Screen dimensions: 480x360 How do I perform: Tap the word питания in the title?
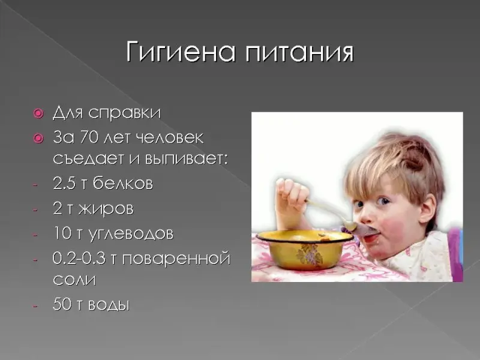[299, 53]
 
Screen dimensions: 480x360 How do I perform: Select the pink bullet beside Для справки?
[39, 114]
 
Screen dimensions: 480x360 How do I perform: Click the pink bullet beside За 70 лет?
[39, 139]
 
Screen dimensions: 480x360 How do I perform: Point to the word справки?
[124, 113]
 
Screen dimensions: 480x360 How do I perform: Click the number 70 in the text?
[89, 137]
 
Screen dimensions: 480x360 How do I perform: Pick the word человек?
[169, 137]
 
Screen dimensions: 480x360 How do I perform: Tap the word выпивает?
[186, 159]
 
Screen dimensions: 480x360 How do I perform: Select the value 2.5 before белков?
[64, 184]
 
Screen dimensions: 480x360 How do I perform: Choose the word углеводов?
[131, 234]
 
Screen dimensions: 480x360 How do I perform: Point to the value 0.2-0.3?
[79, 258]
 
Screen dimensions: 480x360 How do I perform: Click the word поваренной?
[176, 259]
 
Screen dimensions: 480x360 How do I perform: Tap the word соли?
[74, 280]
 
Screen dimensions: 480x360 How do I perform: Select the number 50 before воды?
[62, 304]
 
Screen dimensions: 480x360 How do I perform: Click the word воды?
[109, 305]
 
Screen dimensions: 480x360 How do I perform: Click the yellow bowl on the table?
[305, 249]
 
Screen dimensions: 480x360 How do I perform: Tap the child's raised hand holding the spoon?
[291, 199]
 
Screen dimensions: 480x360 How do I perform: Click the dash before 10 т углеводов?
[35, 235]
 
